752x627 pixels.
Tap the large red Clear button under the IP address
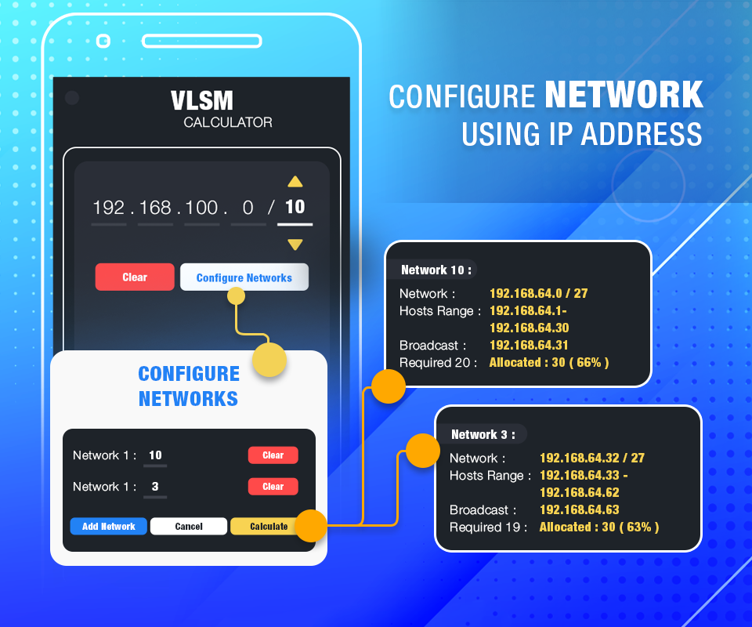click(x=135, y=277)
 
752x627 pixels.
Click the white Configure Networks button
click(x=244, y=277)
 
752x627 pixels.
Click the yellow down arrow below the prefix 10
click(x=295, y=245)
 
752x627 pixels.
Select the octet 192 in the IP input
click(x=109, y=208)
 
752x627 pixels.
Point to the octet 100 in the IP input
click(x=202, y=208)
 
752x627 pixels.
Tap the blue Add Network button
click(x=109, y=527)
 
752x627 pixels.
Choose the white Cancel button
click(x=189, y=527)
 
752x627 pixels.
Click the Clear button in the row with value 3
click(x=273, y=487)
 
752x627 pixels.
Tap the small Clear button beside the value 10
click(x=273, y=455)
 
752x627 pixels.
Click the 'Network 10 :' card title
click(x=436, y=270)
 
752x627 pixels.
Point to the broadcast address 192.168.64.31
click(x=529, y=345)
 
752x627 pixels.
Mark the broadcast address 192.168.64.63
click(x=579, y=509)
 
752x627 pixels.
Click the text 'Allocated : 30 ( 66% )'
click(x=548, y=363)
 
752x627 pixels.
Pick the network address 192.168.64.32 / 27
click(x=592, y=458)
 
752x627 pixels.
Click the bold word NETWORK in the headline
click(x=624, y=96)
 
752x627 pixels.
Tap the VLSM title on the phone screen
click(x=202, y=100)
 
